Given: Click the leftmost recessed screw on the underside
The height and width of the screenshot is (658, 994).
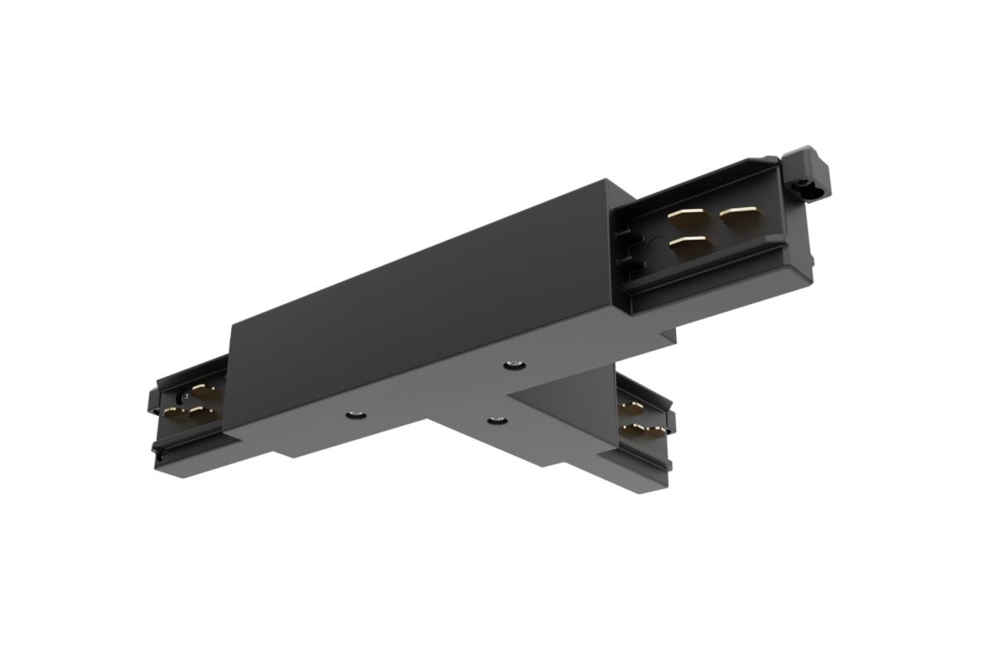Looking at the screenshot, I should [x=353, y=413].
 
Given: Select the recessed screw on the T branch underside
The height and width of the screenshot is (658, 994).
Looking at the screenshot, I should [x=496, y=423].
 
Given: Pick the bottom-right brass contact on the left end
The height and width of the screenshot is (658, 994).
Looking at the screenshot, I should [x=200, y=413].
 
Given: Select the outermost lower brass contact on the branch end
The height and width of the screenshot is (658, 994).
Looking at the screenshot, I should [x=657, y=432].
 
